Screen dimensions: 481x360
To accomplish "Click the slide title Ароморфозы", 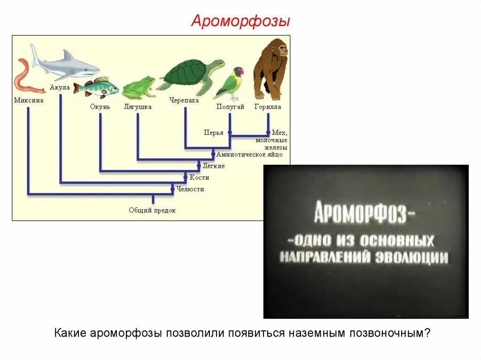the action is point(240,21).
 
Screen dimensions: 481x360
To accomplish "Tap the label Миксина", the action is point(29,100).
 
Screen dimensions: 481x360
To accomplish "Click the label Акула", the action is point(60,88).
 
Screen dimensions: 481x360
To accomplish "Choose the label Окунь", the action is point(100,107).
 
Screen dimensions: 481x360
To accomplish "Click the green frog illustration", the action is point(139,87).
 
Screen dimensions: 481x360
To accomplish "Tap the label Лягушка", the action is point(137,107).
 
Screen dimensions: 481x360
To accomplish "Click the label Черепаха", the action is point(184,100).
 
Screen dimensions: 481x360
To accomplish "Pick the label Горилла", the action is point(268,107).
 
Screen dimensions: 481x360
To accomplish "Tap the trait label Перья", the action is point(213,133).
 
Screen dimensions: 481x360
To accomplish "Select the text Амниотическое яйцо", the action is point(249,154).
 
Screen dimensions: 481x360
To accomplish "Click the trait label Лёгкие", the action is point(214,166).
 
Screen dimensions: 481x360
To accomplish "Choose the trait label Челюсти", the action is point(190,189).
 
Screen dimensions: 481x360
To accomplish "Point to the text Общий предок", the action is point(152,210).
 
